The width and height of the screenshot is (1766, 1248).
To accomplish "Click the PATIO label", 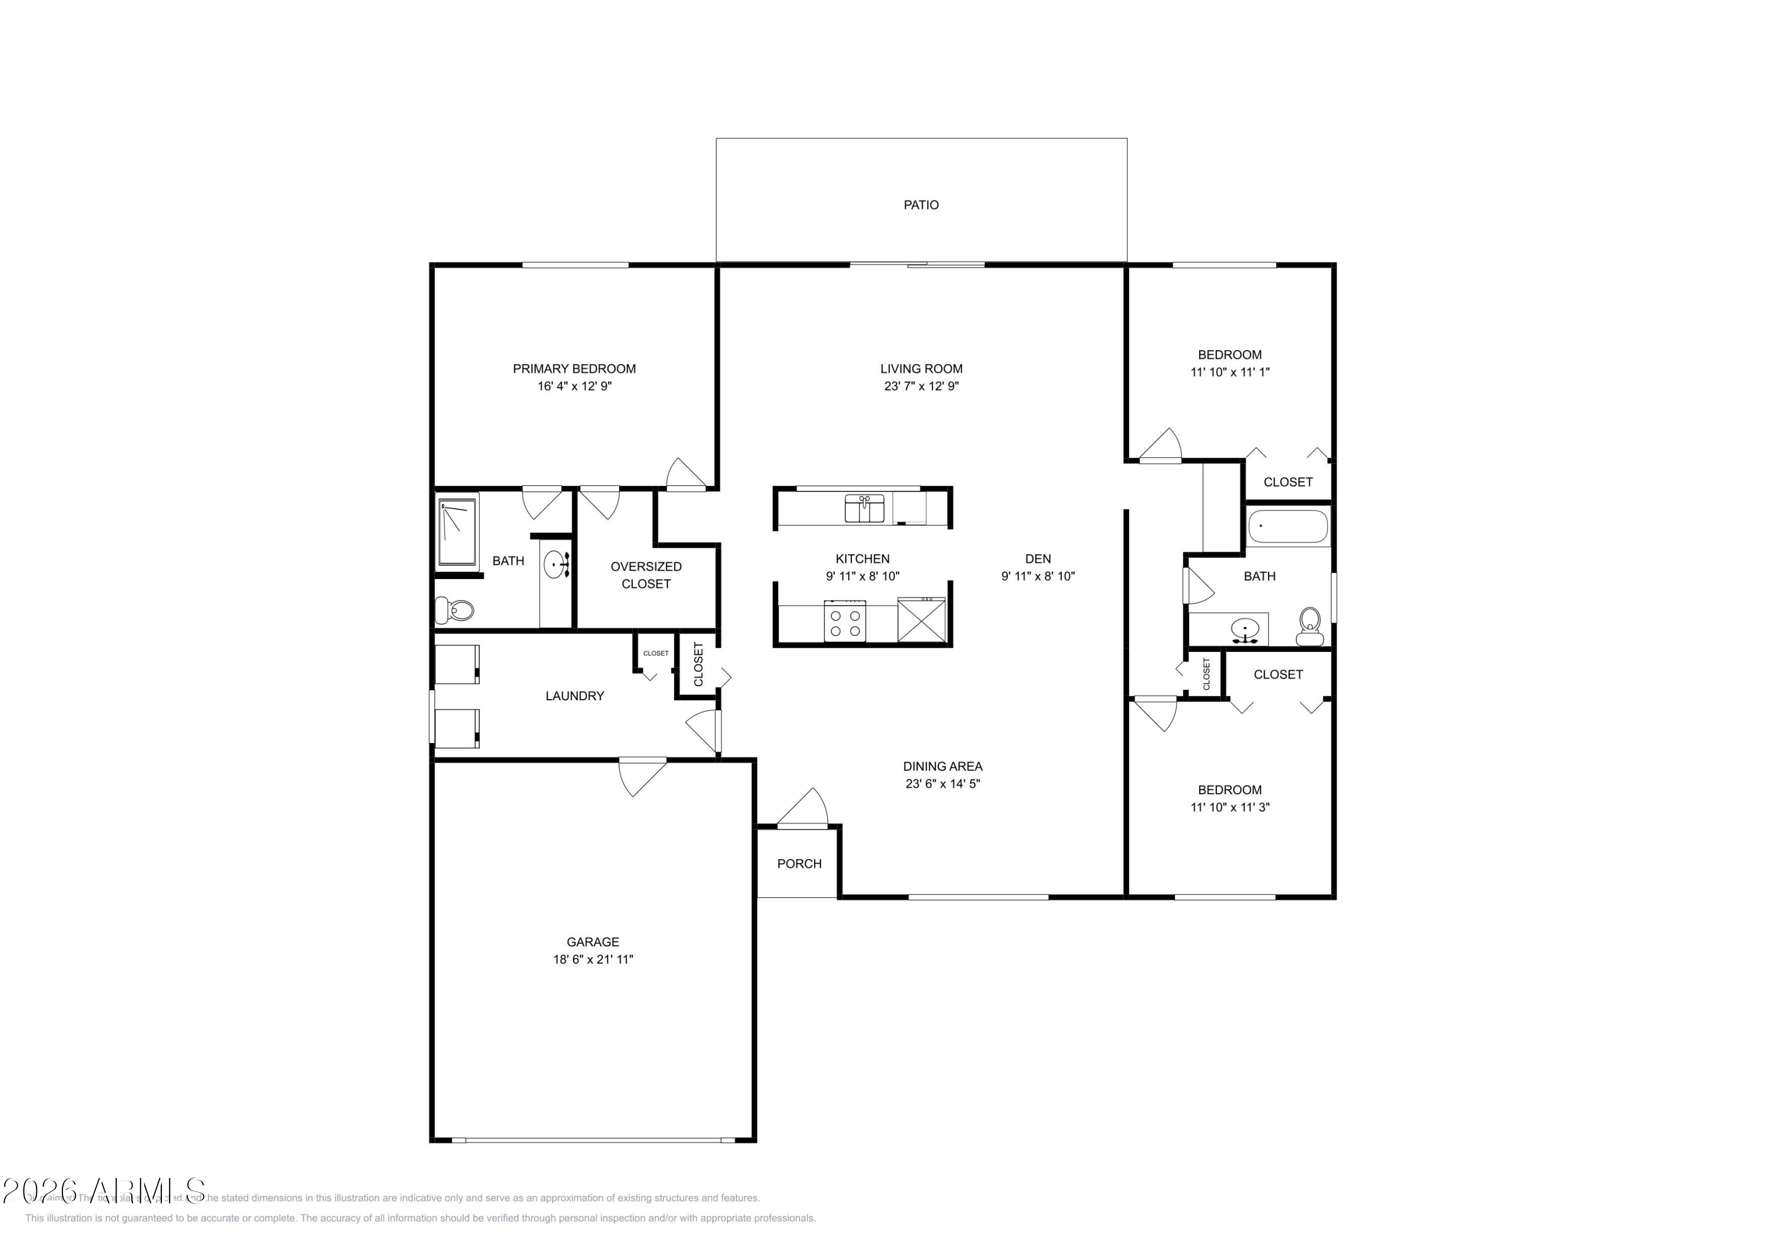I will [921, 205].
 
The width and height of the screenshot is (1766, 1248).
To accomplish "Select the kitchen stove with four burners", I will [845, 621].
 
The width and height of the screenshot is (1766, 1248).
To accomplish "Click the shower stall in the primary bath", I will [457, 532].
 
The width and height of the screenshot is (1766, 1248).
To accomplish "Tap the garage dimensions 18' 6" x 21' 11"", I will [592, 959].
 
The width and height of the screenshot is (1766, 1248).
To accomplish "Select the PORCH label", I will [799, 864].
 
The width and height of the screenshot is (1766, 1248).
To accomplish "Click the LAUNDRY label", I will [575, 696].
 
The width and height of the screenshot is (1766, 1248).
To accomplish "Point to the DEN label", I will [1038, 559].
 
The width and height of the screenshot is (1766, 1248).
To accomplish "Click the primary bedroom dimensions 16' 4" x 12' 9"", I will [575, 386].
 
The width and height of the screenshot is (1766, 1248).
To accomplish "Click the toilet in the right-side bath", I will [1310, 626].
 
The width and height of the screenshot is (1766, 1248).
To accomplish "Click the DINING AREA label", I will [942, 766].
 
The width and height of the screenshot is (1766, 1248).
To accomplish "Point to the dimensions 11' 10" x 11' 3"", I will [1230, 807].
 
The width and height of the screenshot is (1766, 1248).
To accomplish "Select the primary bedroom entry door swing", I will [686, 474].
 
